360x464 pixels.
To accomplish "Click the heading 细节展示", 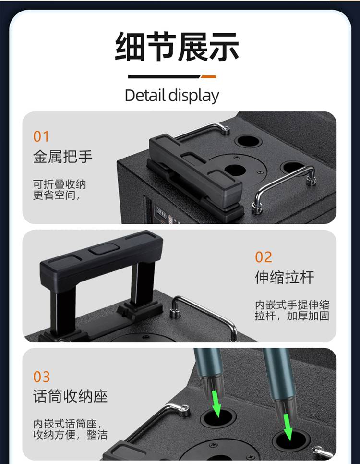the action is (x=177, y=47).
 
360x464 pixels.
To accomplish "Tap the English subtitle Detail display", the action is (x=172, y=96).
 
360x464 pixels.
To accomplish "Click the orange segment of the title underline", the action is (x=208, y=77).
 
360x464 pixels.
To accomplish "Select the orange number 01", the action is (x=41, y=136).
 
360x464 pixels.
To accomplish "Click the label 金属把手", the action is (x=63, y=157).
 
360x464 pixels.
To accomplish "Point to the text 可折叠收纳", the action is (x=60, y=184).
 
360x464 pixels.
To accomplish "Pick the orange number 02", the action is (x=263, y=257).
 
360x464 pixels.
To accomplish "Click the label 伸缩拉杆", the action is (x=285, y=277).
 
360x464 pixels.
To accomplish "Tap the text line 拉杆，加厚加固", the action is (x=292, y=316).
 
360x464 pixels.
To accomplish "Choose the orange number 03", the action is (x=41, y=377).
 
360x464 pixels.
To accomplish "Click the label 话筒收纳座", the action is (x=70, y=396).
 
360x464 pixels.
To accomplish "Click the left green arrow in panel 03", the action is (x=217, y=403).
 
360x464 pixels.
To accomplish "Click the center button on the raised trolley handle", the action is (x=105, y=249).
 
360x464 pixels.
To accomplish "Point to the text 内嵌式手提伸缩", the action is (x=292, y=305).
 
